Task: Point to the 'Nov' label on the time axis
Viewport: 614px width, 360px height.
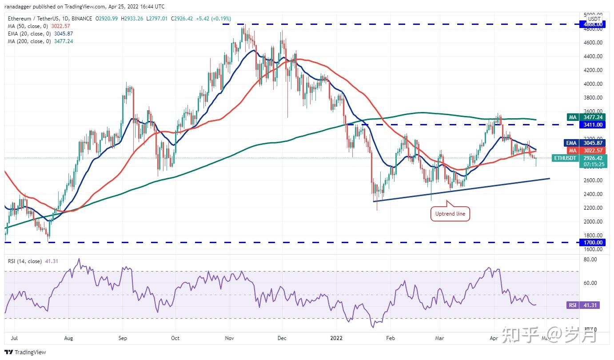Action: click(x=229, y=338)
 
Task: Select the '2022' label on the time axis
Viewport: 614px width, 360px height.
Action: click(x=336, y=338)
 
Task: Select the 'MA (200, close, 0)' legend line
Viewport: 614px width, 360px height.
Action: click(x=40, y=41)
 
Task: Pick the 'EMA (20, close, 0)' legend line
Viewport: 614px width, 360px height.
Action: click(x=40, y=33)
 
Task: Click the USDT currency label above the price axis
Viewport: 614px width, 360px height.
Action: click(x=594, y=19)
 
